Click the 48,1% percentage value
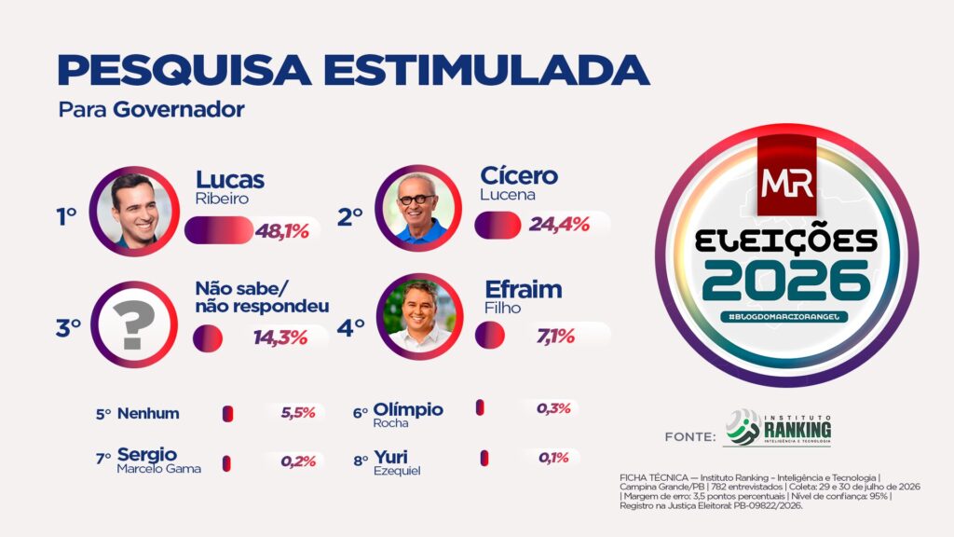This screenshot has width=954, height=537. tap(281, 231)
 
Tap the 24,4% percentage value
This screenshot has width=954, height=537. tap(559, 225)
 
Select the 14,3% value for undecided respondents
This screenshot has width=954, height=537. tap(280, 337)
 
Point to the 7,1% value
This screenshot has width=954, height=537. tap(555, 336)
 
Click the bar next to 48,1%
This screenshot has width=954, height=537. tap(219, 230)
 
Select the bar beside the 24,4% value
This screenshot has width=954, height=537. tap(497, 226)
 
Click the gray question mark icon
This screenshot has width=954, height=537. tap(134, 325)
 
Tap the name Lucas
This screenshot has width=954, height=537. tap(230, 180)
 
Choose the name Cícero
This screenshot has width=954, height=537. tap(519, 175)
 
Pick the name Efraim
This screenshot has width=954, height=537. tap(524, 289)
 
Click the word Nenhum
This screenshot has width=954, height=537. tap(148, 413)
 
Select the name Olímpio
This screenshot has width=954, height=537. tap(408, 409)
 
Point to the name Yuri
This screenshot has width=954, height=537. tap(390, 457)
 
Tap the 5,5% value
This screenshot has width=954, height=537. tap(298, 413)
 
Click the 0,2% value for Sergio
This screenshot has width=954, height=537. tap(298, 461)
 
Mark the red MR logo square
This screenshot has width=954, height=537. tap(786, 176)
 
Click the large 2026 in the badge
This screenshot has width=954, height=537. tap(786, 281)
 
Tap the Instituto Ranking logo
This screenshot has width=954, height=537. tap(778, 427)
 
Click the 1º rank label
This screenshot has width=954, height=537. tap(66, 216)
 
